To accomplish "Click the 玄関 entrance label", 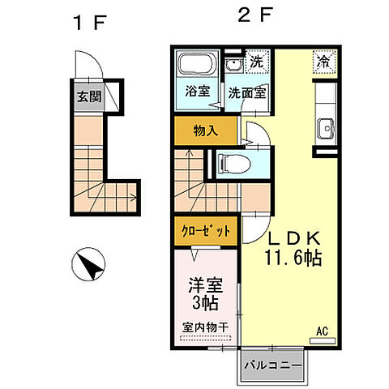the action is pyautogui.click(x=89, y=96).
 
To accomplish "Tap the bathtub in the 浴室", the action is pyautogui.click(x=197, y=63).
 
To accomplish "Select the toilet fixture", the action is pyautogui.click(x=234, y=164).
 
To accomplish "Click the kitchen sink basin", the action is pyautogui.click(x=327, y=128).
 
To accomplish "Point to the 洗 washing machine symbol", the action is pyautogui.click(x=256, y=62).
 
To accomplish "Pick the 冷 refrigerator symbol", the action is pyautogui.click(x=324, y=62).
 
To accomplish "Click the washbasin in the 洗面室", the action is pyautogui.click(x=234, y=65).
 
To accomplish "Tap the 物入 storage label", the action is pyautogui.click(x=206, y=131).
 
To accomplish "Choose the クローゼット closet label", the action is pyautogui.click(x=206, y=231).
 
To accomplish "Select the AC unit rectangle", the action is pyautogui.click(x=323, y=340).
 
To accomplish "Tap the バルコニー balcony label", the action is pyautogui.click(x=273, y=366).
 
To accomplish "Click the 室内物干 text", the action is pyautogui.click(x=206, y=327).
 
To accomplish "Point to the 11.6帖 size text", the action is pyautogui.click(x=293, y=259).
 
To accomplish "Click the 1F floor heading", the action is pyautogui.click(x=90, y=23).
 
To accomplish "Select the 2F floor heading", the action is pyautogui.click(x=254, y=15).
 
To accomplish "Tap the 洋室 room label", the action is pyautogui.click(x=206, y=285).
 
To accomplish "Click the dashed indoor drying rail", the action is pyautogui.click(x=206, y=338).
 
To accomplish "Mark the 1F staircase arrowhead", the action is pyautogui.click(x=135, y=198).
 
